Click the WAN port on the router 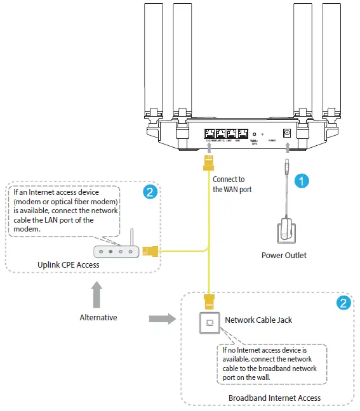click(210, 134)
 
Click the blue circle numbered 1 click(304, 181)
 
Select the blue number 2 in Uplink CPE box click(150, 191)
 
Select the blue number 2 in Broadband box click(342, 303)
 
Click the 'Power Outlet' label click(284, 256)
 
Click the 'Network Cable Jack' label click(258, 320)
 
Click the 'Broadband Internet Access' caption click(274, 398)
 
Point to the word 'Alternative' click(98, 317)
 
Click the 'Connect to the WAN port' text click(229, 184)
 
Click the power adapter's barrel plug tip click(288, 166)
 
